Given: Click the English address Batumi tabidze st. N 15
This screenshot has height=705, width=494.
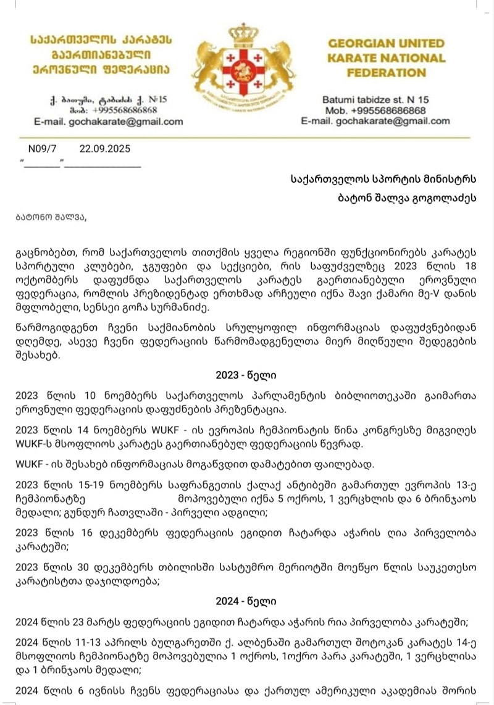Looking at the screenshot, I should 375,99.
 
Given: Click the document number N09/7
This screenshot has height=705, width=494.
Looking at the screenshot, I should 42,149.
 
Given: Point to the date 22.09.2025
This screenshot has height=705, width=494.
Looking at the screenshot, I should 104,149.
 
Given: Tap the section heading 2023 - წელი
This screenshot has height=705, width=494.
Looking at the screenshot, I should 246,375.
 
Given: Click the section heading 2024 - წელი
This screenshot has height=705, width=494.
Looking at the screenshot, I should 246,600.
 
